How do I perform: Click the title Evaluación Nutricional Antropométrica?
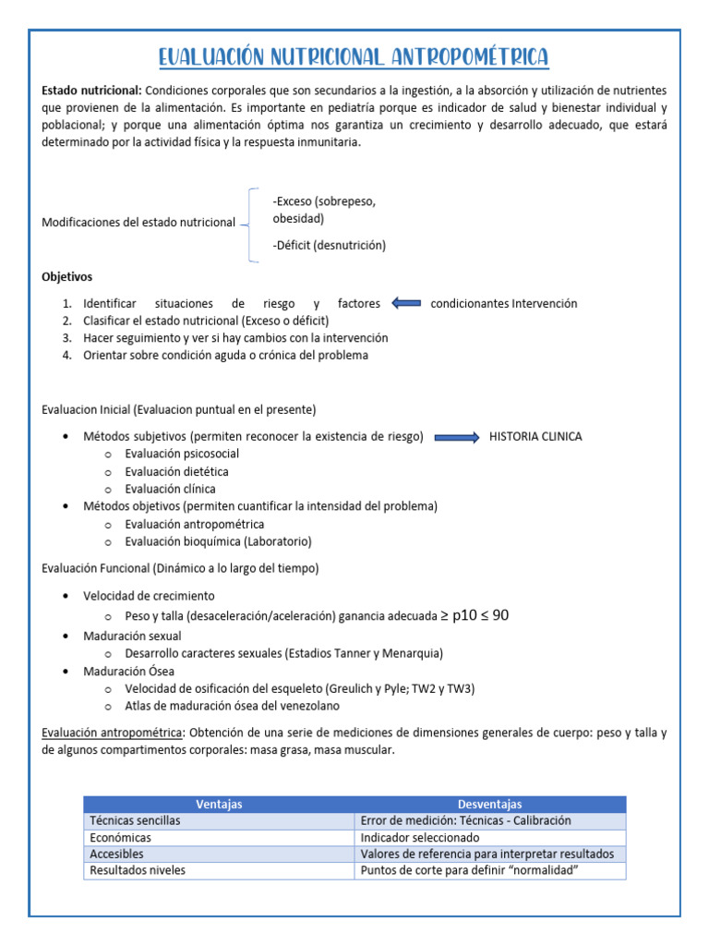[x=354, y=58]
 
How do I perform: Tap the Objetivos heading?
[x=67, y=276]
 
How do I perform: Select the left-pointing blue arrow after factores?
[x=405, y=303]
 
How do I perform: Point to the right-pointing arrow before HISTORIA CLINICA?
[x=457, y=437]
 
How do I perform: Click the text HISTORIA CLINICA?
[x=535, y=437]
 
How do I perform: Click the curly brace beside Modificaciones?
[x=253, y=224]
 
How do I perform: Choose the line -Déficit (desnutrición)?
[x=330, y=245]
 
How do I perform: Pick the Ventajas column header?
[x=219, y=804]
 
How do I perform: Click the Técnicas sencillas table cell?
[x=135, y=820]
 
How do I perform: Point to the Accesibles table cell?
[x=116, y=854]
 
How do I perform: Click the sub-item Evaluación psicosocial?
[x=182, y=454]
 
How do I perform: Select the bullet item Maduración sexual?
[x=132, y=636]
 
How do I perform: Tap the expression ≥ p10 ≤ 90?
[x=475, y=615]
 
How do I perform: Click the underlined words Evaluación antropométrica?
[x=114, y=734]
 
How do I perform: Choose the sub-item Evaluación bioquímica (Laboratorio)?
[x=218, y=541]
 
